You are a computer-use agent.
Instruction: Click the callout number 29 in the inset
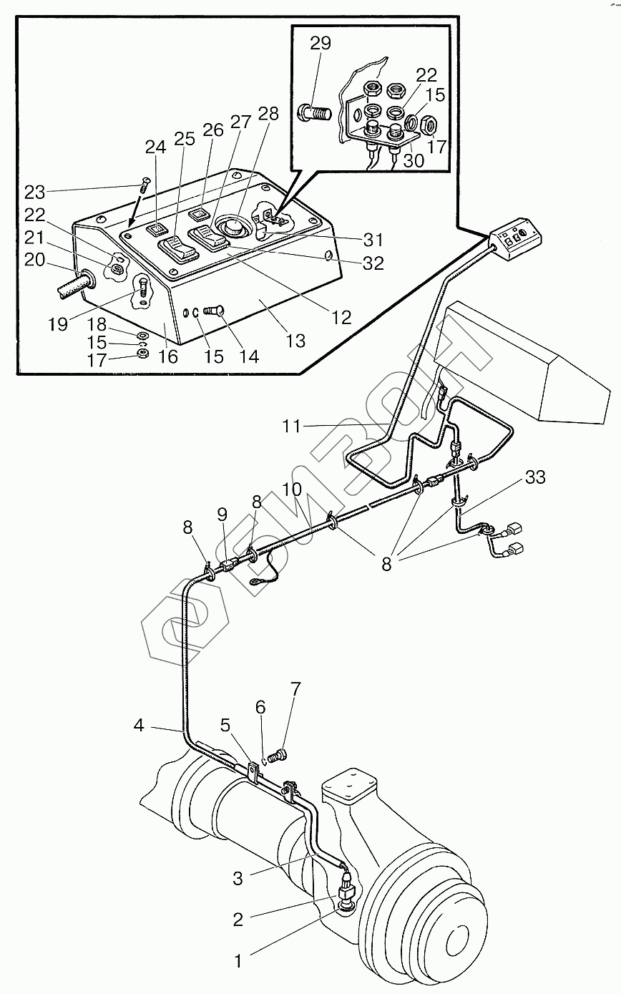pyautogui.click(x=321, y=44)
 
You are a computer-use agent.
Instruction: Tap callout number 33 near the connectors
pyautogui.click(x=535, y=477)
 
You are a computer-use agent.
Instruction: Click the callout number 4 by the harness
pyautogui.click(x=139, y=725)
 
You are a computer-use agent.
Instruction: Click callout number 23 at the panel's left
pyautogui.click(x=34, y=193)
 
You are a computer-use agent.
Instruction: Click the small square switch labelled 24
pyautogui.click(x=156, y=230)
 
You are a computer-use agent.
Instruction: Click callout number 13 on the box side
pyautogui.click(x=295, y=341)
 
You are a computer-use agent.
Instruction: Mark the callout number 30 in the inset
pyautogui.click(x=414, y=160)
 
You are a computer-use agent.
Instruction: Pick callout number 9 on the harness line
pyautogui.click(x=223, y=514)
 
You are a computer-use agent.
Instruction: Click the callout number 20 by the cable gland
pyautogui.click(x=34, y=260)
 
